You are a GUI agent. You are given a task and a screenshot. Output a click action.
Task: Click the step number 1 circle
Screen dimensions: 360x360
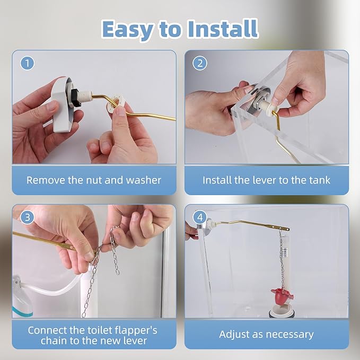(x=28, y=63)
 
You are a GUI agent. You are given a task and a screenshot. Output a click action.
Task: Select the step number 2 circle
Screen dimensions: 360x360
(x=200, y=63)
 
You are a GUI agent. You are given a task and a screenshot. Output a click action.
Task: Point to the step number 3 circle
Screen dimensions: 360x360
(x=28, y=217)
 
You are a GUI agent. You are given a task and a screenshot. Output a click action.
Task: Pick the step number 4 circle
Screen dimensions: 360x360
(x=200, y=217)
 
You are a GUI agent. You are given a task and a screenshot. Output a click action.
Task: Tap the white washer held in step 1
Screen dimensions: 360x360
(x=116, y=103)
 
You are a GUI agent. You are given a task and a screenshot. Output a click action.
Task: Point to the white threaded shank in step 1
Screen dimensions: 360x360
(x=84, y=97)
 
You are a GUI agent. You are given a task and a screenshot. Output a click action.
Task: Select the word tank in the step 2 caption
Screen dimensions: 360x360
(x=320, y=180)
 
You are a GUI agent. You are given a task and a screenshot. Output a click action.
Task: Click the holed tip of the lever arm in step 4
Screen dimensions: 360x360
(x=285, y=229)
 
